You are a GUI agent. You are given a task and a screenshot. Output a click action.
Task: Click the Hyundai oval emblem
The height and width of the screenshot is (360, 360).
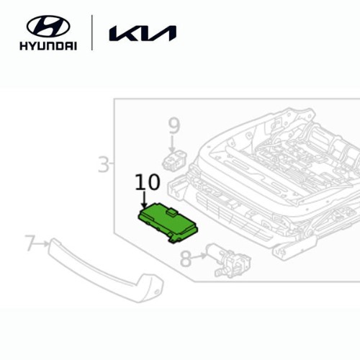coord(48,27)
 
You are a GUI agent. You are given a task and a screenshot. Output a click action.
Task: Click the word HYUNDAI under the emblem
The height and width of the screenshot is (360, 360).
coord(48,45)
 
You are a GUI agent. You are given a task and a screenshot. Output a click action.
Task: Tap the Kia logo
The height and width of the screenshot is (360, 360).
coord(143,33)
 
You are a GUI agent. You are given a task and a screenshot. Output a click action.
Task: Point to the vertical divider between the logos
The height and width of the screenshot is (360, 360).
coord(92,32)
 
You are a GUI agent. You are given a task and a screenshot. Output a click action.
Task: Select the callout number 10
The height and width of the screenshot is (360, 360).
coord(148,182)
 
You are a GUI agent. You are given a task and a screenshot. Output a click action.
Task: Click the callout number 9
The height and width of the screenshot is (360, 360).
coord(174,126)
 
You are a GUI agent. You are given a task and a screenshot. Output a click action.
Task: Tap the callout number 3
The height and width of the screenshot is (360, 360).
coord(104,164)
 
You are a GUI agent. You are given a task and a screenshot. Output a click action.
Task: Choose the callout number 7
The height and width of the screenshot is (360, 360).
coord(30,243)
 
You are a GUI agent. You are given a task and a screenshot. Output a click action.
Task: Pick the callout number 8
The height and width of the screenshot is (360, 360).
coord(186,258)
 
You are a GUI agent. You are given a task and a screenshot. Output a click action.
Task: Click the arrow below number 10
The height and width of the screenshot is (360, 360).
coord(144,199)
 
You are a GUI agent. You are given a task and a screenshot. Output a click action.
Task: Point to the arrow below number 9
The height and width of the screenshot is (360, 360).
coord(172,143)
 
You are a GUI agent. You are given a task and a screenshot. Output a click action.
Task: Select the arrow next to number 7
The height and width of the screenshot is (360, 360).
coord(42,244)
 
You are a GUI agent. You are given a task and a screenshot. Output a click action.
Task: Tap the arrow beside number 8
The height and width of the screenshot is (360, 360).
coord(199,256)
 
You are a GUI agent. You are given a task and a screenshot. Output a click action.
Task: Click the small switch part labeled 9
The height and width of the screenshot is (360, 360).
coord(174,160)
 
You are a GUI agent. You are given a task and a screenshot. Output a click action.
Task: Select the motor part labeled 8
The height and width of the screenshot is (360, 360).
coord(228,261)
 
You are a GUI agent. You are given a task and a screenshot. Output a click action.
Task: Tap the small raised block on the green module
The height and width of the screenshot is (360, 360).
coord(171,212)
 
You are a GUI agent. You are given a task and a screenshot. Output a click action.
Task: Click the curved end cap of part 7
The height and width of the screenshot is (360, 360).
coord(152,288)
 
